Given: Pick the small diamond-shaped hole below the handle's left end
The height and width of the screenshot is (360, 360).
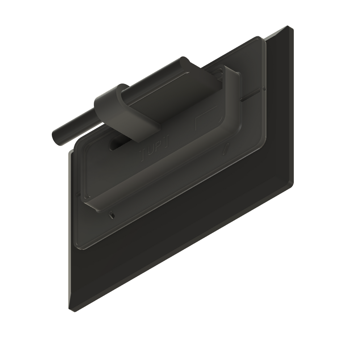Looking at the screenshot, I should click(112, 215).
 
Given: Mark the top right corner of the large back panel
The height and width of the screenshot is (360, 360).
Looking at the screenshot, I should click(289, 27).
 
